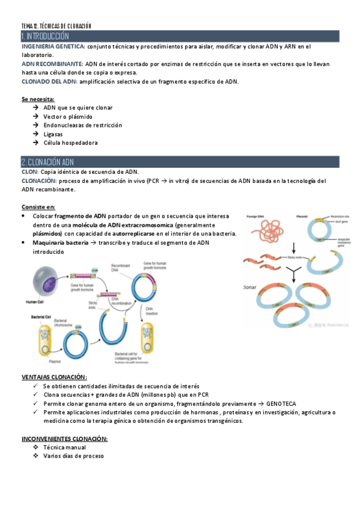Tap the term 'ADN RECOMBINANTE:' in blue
[x=52, y=63]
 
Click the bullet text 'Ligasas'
[x=53, y=134]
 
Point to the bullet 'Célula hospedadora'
[x=70, y=143]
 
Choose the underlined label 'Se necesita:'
[x=38, y=98]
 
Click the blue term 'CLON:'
[x=29, y=172]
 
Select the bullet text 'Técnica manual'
[x=64, y=447]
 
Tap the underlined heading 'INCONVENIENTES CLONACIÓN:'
[x=64, y=438]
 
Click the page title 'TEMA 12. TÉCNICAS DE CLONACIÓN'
[x=56, y=26]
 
